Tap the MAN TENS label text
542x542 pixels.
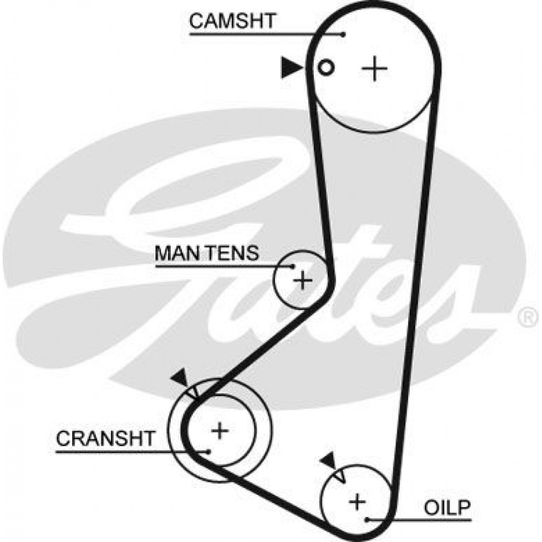(x=207, y=253)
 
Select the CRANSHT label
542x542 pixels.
(x=106, y=438)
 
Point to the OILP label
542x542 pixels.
(x=447, y=508)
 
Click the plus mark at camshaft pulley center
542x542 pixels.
(x=375, y=68)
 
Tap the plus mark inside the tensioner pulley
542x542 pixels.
(x=302, y=280)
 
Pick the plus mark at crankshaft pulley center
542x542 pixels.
(x=220, y=431)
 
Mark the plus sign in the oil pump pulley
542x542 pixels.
(x=357, y=501)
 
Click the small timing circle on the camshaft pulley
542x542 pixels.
(x=326, y=67)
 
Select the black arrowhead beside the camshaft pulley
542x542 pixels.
(x=292, y=68)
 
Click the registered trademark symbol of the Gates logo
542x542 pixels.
(x=528, y=317)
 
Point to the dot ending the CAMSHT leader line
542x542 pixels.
(x=343, y=34)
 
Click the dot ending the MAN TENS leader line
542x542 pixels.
(x=293, y=267)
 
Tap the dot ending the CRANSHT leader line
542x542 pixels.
(x=209, y=451)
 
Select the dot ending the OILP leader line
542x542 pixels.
(x=367, y=519)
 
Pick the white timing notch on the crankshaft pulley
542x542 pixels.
(x=193, y=392)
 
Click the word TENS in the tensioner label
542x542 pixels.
(x=233, y=253)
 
